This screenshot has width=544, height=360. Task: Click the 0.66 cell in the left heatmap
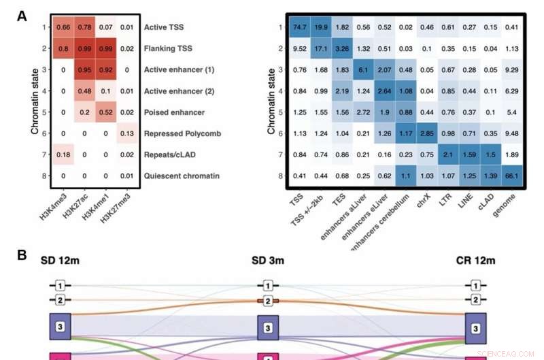pos(63,27)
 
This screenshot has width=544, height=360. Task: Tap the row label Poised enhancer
pos(173,112)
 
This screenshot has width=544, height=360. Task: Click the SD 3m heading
pos(267,261)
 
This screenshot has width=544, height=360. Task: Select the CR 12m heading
pos(475,261)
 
